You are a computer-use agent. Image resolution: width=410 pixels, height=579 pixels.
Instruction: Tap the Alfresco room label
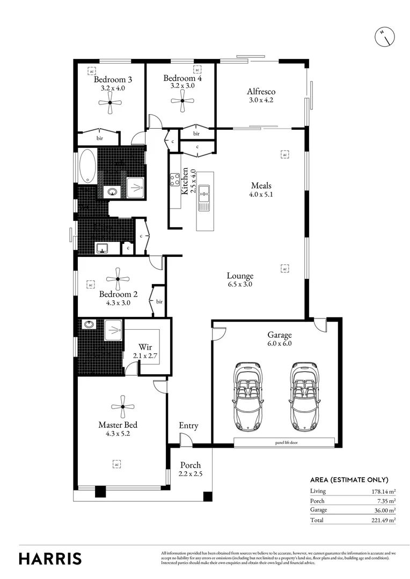tap(261, 92)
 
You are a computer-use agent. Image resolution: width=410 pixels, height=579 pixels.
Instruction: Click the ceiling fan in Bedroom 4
tap(182, 100)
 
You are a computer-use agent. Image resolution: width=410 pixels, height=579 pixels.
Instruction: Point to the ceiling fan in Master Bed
tap(122, 407)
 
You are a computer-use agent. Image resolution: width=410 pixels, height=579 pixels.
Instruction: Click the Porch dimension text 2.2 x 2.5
tap(191, 473)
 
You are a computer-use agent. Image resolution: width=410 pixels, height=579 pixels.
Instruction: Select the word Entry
tap(188, 426)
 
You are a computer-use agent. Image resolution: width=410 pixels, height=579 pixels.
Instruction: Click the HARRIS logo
tap(50, 558)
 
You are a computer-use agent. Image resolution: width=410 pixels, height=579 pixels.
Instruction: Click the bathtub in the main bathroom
tap(87, 166)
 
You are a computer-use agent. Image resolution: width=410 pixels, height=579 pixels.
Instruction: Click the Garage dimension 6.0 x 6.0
tap(279, 344)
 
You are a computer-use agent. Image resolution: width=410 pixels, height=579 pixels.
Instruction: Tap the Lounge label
tap(239, 276)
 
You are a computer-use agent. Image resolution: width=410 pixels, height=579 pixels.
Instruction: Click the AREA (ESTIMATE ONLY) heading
tap(349, 480)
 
